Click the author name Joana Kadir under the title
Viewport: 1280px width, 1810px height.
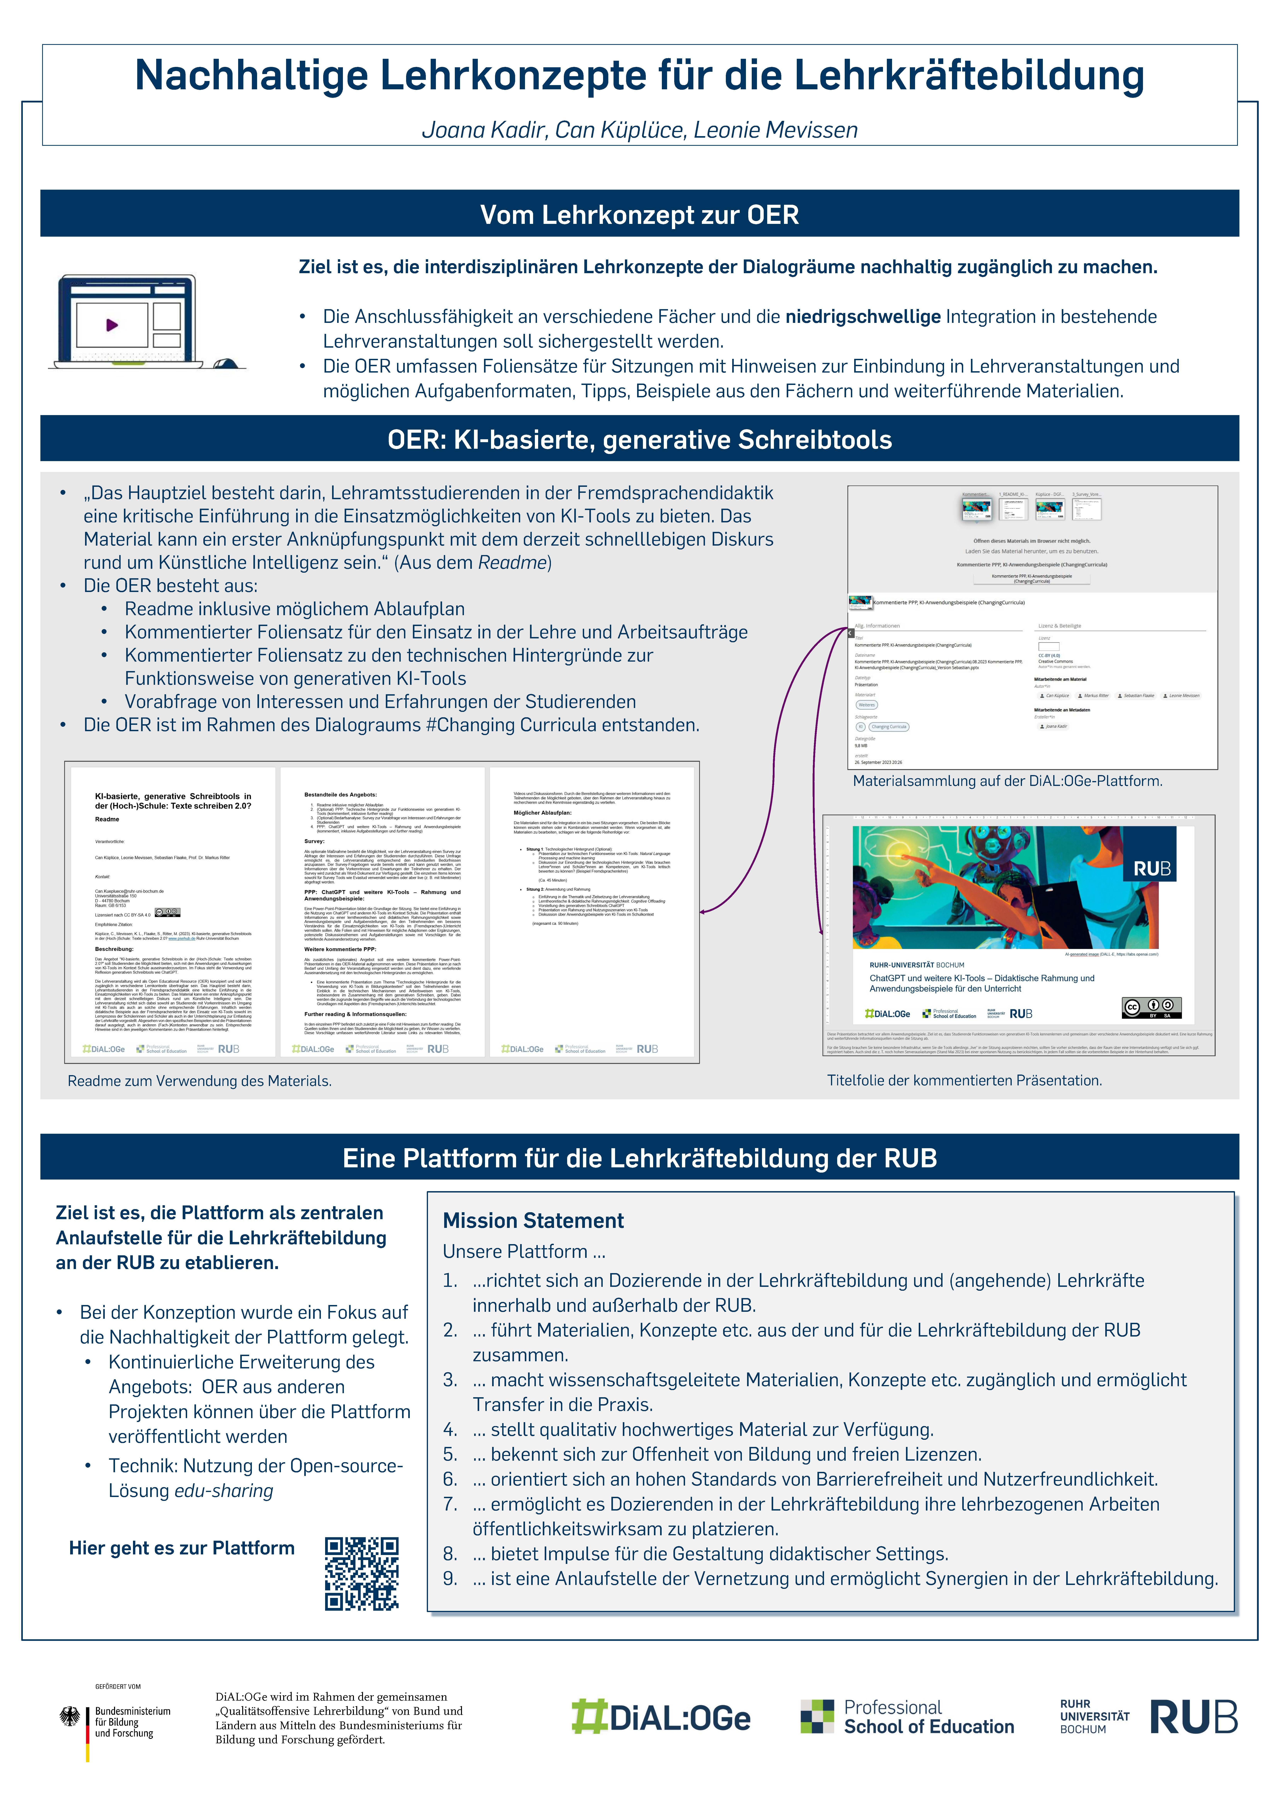(x=483, y=130)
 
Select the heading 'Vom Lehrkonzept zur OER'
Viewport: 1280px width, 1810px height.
(x=639, y=214)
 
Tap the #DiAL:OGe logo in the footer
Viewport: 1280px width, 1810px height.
(x=660, y=1719)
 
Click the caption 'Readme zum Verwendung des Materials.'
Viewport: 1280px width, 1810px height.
(x=199, y=1081)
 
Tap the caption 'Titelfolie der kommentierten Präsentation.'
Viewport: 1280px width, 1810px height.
(x=964, y=1080)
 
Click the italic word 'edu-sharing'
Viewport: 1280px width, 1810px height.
(x=224, y=1491)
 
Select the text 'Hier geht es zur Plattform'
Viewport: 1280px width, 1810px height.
(x=181, y=1547)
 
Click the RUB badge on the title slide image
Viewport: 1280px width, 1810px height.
(x=1151, y=869)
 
